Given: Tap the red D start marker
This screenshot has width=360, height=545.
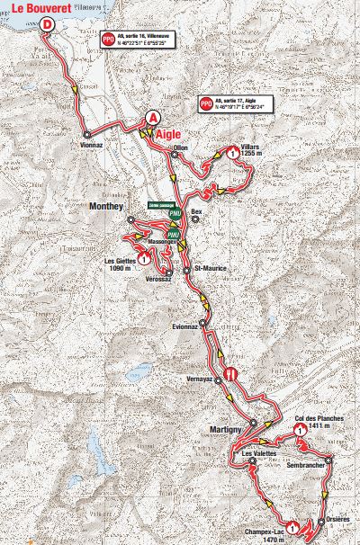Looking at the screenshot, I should (46, 26).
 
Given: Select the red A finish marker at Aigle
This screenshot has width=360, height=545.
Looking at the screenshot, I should (154, 118).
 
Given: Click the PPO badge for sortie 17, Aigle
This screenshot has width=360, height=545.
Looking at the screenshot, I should (207, 104).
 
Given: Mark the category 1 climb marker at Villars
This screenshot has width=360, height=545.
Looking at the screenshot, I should (234, 155).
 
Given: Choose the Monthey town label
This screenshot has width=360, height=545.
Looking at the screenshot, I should (106, 205).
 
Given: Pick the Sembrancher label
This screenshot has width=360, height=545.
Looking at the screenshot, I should (305, 469).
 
